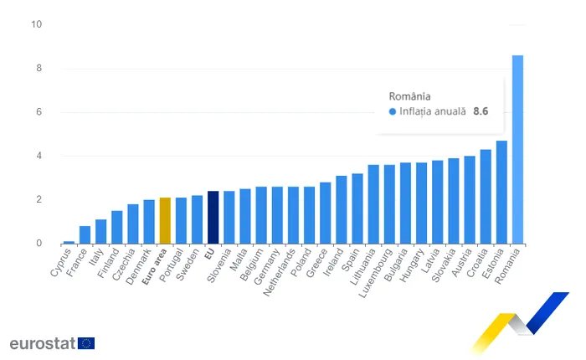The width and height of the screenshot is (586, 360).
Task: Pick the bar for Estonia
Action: [x=501, y=192]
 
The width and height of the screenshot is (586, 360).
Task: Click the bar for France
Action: [x=85, y=234]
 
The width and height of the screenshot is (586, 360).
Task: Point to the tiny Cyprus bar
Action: [x=69, y=242]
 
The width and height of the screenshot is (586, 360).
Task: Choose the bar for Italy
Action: [x=100, y=231]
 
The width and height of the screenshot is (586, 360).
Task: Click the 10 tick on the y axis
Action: [x=36, y=23]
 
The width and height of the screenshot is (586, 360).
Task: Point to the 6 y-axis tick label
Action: [x=38, y=111]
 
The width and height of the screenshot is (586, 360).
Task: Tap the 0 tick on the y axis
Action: [x=39, y=244]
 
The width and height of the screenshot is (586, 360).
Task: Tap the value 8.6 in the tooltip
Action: [x=480, y=111]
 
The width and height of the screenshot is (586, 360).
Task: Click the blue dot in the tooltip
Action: [x=393, y=111]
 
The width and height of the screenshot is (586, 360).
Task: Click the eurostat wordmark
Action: [x=42, y=343]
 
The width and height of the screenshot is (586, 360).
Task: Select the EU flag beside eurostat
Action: [x=86, y=343]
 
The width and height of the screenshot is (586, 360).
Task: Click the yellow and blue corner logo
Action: [x=520, y=323]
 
